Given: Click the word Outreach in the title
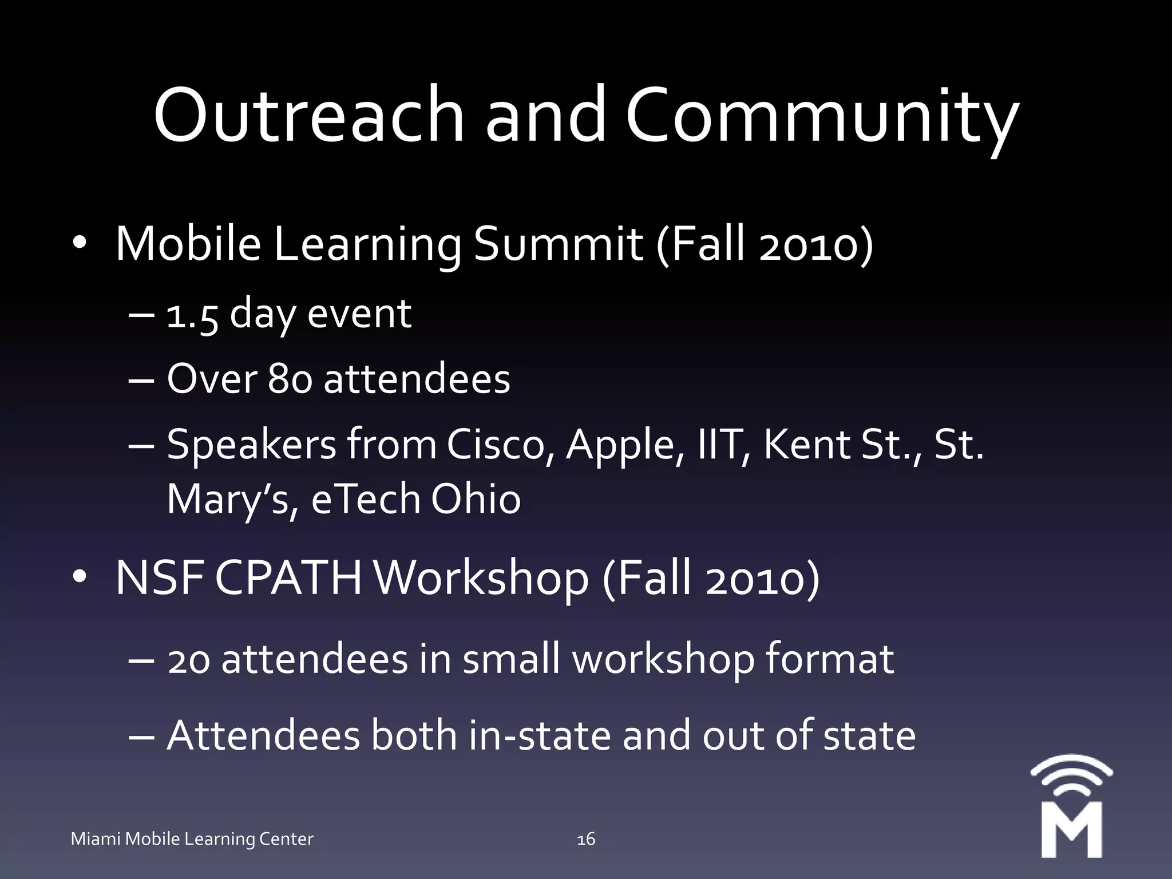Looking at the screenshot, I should [308, 114].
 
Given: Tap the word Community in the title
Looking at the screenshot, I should [822, 117].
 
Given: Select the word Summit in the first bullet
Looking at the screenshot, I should [558, 245].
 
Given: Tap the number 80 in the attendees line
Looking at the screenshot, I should [290, 379].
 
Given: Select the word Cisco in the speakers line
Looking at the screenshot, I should [496, 445].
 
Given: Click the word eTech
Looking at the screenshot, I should [366, 499].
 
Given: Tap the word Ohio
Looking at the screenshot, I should [476, 499].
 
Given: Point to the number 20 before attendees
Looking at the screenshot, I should [188, 660].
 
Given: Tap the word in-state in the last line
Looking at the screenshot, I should [540, 736].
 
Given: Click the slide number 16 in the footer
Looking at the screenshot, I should [586, 840].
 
